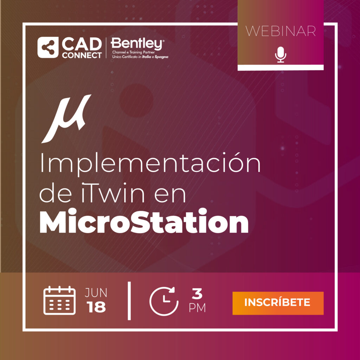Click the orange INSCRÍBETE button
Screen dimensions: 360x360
pos(278,303)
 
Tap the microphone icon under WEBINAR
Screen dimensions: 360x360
pos(281,54)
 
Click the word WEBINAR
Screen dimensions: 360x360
pos(281,31)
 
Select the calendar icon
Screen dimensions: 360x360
pos(59,300)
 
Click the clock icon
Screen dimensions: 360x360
pos(164,301)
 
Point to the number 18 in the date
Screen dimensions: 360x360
pos(96,307)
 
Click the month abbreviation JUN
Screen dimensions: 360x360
pos(96,292)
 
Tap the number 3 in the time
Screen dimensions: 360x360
pos(197,294)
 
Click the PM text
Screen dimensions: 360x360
pos(197,308)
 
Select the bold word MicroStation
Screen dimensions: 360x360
pos(144,221)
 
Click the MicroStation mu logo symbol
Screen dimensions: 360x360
pos(66,119)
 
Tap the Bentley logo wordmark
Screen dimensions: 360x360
pos(137,44)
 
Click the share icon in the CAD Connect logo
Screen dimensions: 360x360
pos(48,47)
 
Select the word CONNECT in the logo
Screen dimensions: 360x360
pos(82,55)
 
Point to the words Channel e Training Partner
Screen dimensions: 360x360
pos(133,52)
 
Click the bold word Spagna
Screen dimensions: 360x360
pos(161,57)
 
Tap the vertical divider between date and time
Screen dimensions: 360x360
pos(129,301)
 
